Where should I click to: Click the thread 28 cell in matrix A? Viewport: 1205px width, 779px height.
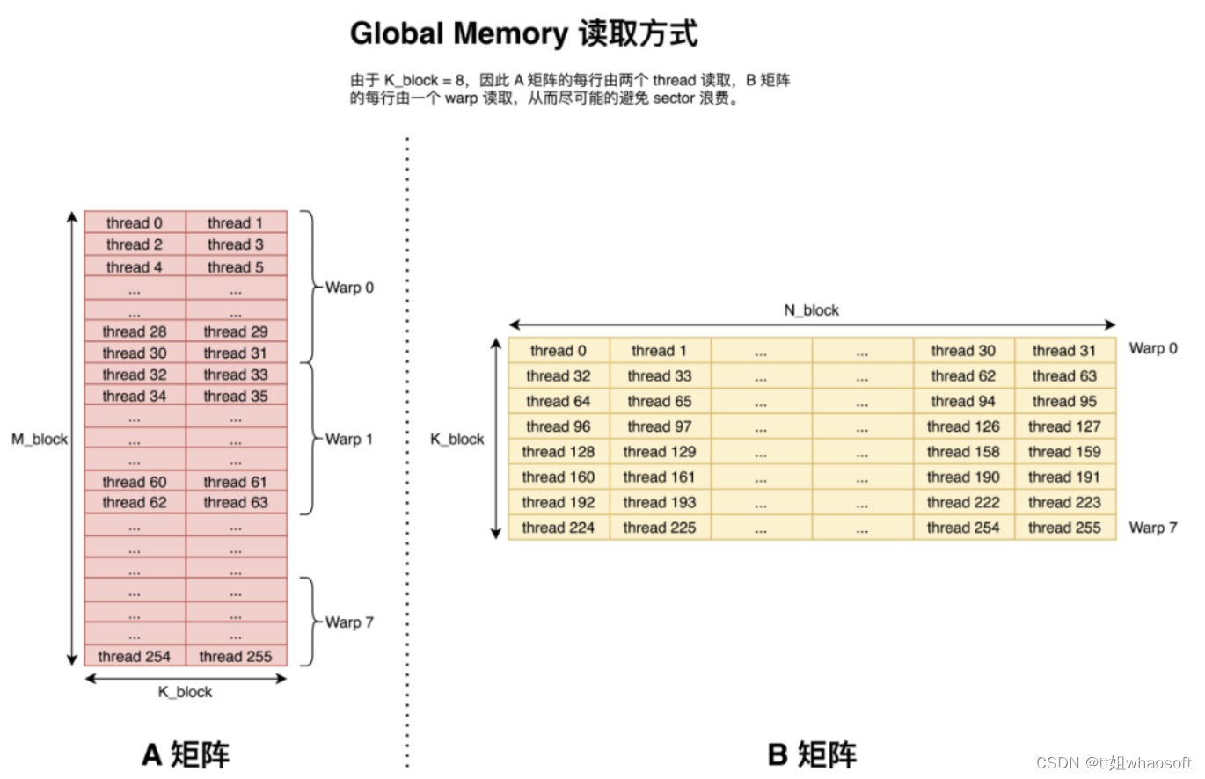coord(135,331)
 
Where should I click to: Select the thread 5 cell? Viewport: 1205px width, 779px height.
coord(236,266)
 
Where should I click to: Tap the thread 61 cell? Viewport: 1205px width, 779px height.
coord(236,482)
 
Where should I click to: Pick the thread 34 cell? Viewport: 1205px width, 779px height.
coord(135,396)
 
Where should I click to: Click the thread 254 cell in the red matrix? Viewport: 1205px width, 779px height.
coord(135,656)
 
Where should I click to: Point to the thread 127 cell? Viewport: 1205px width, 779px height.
coord(1064,426)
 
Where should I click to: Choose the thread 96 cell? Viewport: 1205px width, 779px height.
coord(559,426)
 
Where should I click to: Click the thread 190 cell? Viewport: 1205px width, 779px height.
coord(963,477)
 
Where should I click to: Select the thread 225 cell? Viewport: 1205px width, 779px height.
coord(660,528)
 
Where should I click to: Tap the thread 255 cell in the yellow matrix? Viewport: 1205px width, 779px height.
coord(1064,528)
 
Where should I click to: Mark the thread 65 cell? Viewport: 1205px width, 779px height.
coord(660,401)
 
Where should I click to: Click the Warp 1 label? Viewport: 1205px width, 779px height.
coord(349,439)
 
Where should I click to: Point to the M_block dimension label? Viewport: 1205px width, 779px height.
coord(40,439)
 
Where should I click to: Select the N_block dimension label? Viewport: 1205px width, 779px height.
coord(811,310)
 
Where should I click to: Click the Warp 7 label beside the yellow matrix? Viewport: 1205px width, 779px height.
coord(1153,528)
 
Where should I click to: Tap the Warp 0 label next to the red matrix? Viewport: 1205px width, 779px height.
coord(349,288)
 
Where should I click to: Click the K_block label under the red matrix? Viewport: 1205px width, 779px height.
coord(185,692)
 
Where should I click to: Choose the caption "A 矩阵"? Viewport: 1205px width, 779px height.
coord(186,754)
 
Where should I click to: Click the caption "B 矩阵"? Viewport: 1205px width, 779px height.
coord(811,754)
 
